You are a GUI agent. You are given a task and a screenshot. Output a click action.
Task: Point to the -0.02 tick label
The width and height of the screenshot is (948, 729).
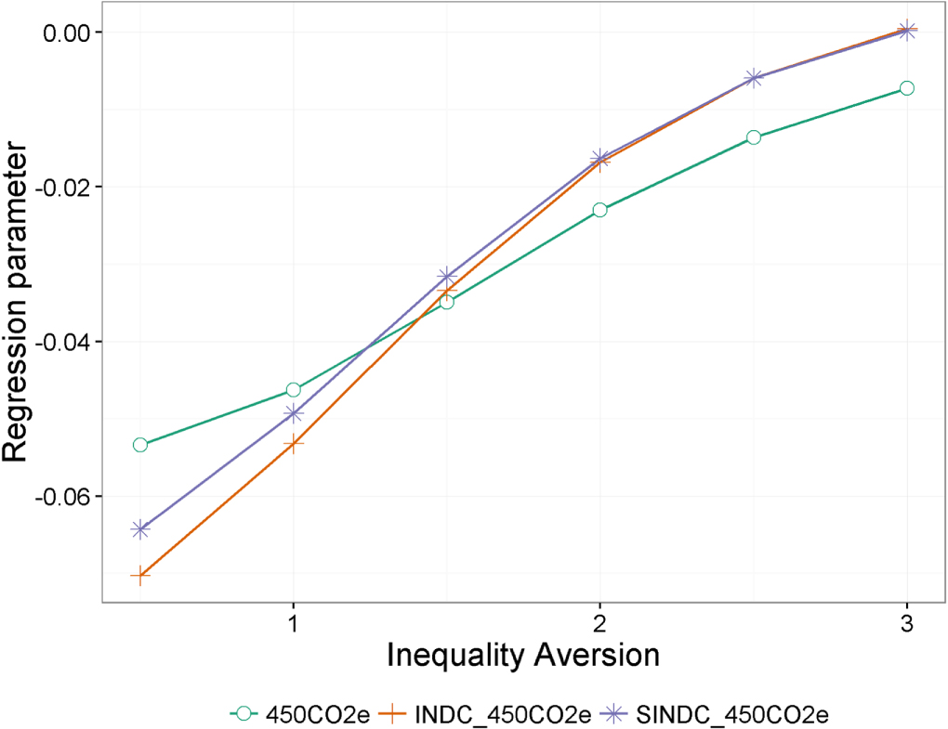click(x=60, y=187)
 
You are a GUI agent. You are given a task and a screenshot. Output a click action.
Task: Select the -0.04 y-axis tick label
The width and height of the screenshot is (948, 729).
click(x=60, y=342)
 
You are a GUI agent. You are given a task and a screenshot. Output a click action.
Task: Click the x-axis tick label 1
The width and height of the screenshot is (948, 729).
click(x=294, y=620)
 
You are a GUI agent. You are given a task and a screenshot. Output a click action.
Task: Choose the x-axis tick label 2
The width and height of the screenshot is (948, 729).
click(x=599, y=620)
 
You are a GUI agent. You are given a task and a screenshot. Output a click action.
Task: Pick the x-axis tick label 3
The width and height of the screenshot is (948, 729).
click(x=906, y=620)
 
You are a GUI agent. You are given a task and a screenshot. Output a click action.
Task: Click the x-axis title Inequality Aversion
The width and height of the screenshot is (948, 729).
click(x=522, y=655)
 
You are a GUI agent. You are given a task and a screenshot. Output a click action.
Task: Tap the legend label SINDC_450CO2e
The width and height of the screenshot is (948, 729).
click(x=731, y=713)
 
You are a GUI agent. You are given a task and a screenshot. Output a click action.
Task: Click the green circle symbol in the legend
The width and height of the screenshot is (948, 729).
click(x=244, y=713)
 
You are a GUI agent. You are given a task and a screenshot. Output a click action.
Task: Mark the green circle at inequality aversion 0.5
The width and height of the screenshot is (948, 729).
click(x=140, y=445)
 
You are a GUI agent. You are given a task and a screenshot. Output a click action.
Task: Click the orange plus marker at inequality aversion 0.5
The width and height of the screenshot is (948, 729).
click(x=140, y=577)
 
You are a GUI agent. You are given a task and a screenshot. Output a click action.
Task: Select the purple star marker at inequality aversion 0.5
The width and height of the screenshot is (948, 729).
click(x=140, y=529)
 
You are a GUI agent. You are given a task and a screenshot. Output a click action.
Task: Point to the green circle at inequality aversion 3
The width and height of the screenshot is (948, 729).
click(x=906, y=88)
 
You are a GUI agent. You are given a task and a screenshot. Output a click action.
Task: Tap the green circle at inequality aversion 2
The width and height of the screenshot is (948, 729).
click(x=599, y=210)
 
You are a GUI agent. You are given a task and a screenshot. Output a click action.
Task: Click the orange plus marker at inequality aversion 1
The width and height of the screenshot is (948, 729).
click(x=294, y=443)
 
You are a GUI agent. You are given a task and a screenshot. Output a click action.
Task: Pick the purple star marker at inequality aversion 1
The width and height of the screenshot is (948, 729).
click(x=294, y=413)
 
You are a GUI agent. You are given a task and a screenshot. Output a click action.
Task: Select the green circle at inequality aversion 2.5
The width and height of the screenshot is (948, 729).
click(x=753, y=137)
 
